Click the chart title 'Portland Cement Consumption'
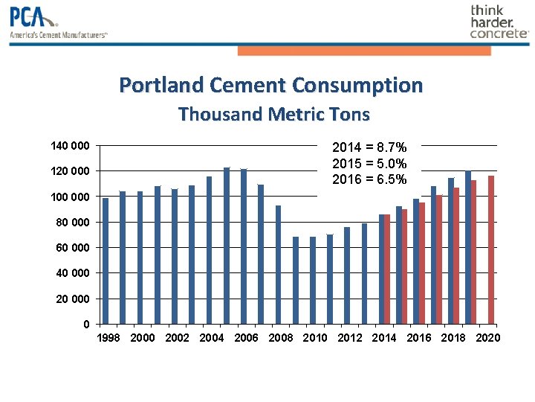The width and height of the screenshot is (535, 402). coord(270,85)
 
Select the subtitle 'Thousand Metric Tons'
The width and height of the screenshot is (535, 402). coord(273,115)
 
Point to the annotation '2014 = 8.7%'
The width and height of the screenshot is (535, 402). coord(369,147)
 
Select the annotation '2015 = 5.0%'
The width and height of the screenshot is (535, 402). coord(369,164)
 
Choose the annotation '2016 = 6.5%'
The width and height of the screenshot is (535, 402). coord(369,179)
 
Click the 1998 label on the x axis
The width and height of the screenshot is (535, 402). coord(108,338)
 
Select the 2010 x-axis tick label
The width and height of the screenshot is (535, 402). coord(315,338)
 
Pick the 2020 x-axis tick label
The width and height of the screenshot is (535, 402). coord(487,338)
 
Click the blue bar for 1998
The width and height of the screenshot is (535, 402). coord(106,261)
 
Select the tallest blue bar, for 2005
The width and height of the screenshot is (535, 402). coord(227,246)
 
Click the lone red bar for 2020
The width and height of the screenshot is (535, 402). coord(491,250)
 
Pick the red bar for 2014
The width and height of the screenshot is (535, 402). coord(387,269)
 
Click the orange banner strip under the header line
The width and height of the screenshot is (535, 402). coord(364,51)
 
